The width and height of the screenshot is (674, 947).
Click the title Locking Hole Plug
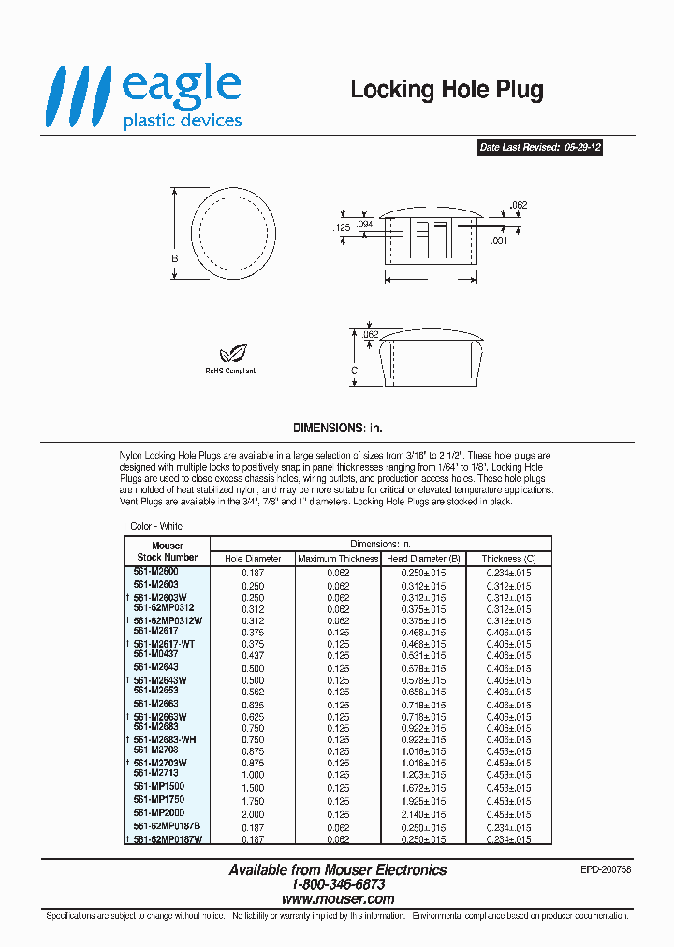(x=447, y=90)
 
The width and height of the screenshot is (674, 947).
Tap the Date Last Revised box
(x=539, y=148)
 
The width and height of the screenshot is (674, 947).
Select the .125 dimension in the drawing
(x=341, y=227)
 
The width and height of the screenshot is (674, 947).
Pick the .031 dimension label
(x=500, y=241)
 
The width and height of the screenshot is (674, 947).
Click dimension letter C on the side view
(x=354, y=371)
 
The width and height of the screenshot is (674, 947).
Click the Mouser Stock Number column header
(x=168, y=551)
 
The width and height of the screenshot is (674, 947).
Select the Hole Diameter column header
(x=253, y=559)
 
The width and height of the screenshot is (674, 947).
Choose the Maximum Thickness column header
(x=338, y=559)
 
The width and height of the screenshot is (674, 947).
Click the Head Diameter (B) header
(x=423, y=559)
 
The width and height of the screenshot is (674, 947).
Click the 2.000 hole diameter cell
(x=253, y=815)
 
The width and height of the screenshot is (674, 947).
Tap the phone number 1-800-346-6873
(x=338, y=884)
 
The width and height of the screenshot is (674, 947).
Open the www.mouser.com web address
(x=338, y=898)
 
